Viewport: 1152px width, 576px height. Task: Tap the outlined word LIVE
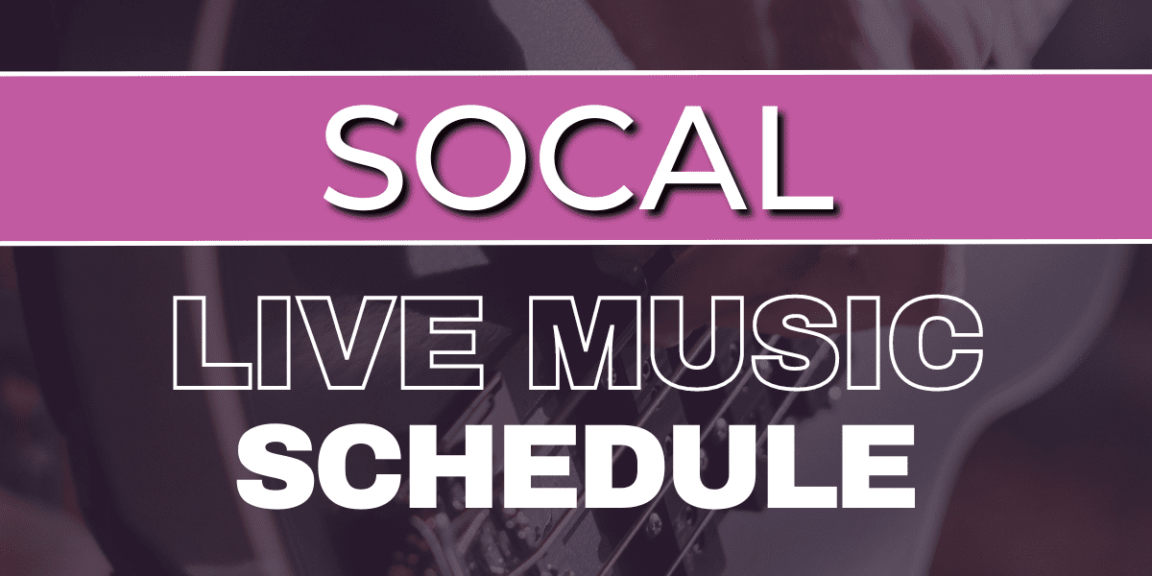pyautogui.click(x=327, y=342)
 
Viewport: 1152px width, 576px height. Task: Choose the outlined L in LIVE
pyautogui.click(x=211, y=342)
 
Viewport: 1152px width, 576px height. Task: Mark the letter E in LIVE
pyautogui.click(x=444, y=342)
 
